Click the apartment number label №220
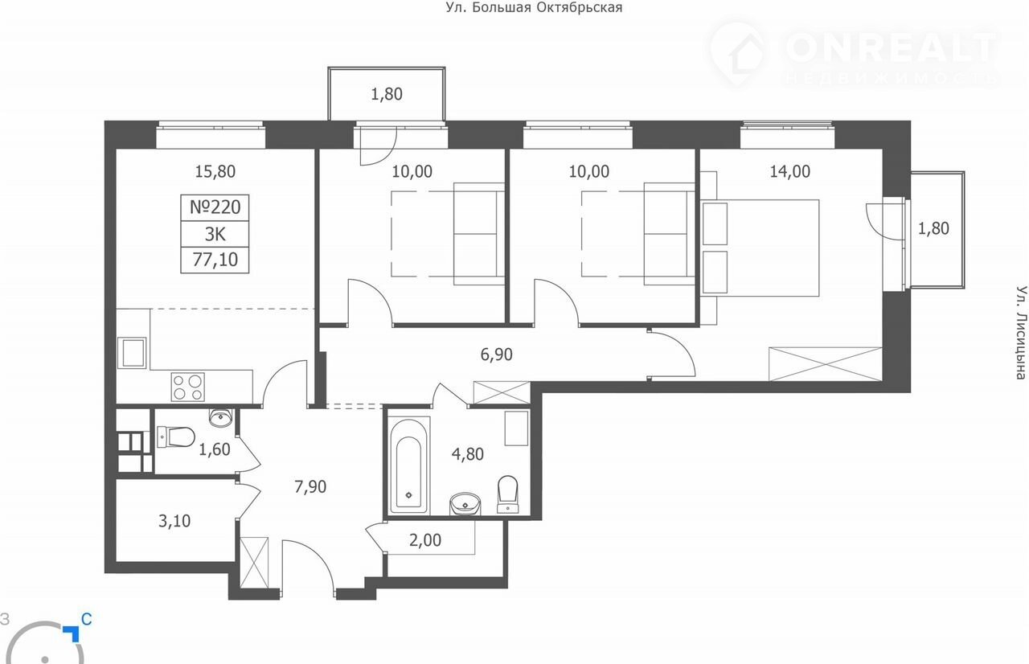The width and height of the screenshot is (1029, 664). pos(215,207)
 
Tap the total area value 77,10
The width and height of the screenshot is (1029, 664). pos(215,260)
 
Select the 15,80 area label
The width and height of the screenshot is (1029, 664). pos(215,172)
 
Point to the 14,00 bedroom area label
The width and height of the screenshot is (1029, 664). pos(789,172)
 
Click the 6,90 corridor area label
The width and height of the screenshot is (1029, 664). pos(496,355)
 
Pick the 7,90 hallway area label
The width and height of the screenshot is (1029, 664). pos(310,487)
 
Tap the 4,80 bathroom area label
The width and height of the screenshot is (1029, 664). pos(468,454)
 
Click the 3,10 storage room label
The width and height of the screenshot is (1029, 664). pos(174,521)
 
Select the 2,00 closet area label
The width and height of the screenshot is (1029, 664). pos(425,540)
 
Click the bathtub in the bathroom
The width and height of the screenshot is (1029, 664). pos(409,466)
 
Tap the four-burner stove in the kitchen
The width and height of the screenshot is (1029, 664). pos(188,387)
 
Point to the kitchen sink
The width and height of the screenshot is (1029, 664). pos(132,353)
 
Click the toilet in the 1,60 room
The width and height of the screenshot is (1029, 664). pos(175,437)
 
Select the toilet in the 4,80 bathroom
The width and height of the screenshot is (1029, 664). pos(507,494)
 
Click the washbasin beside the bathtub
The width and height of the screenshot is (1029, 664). pos(465,504)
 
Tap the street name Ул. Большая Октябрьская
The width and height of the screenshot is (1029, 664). pos(534,8)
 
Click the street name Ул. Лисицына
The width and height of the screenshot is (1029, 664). pos(1020,334)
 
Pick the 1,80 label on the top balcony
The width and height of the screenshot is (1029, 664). pos(387,94)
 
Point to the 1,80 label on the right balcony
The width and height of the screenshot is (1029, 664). pos(933,228)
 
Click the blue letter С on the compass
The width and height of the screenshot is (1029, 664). pos(86,620)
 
